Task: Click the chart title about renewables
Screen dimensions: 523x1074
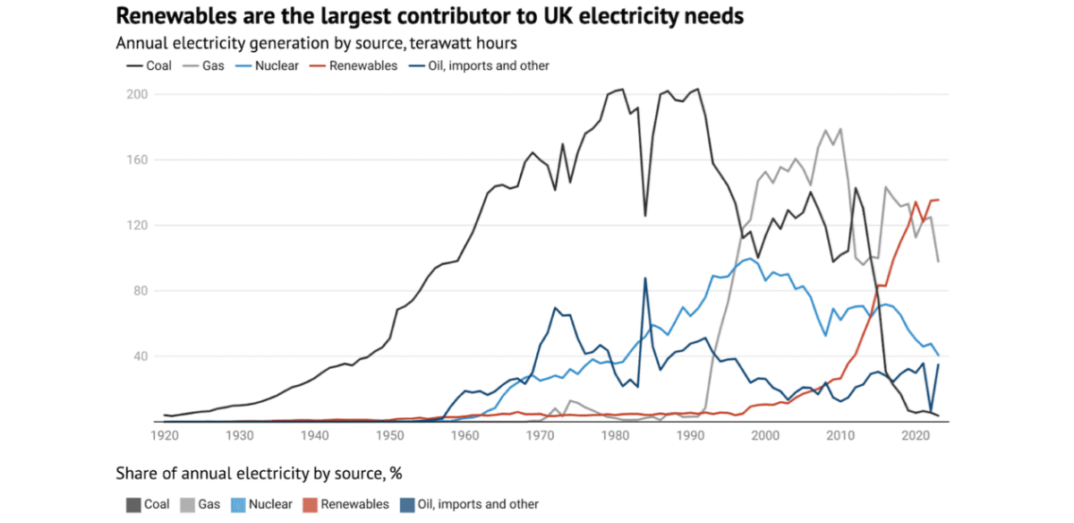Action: [430, 16]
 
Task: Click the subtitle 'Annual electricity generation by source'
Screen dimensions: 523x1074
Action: [316, 42]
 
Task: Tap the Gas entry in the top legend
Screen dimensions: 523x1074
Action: [208, 65]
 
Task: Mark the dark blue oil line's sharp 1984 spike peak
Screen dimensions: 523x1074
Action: [645, 279]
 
